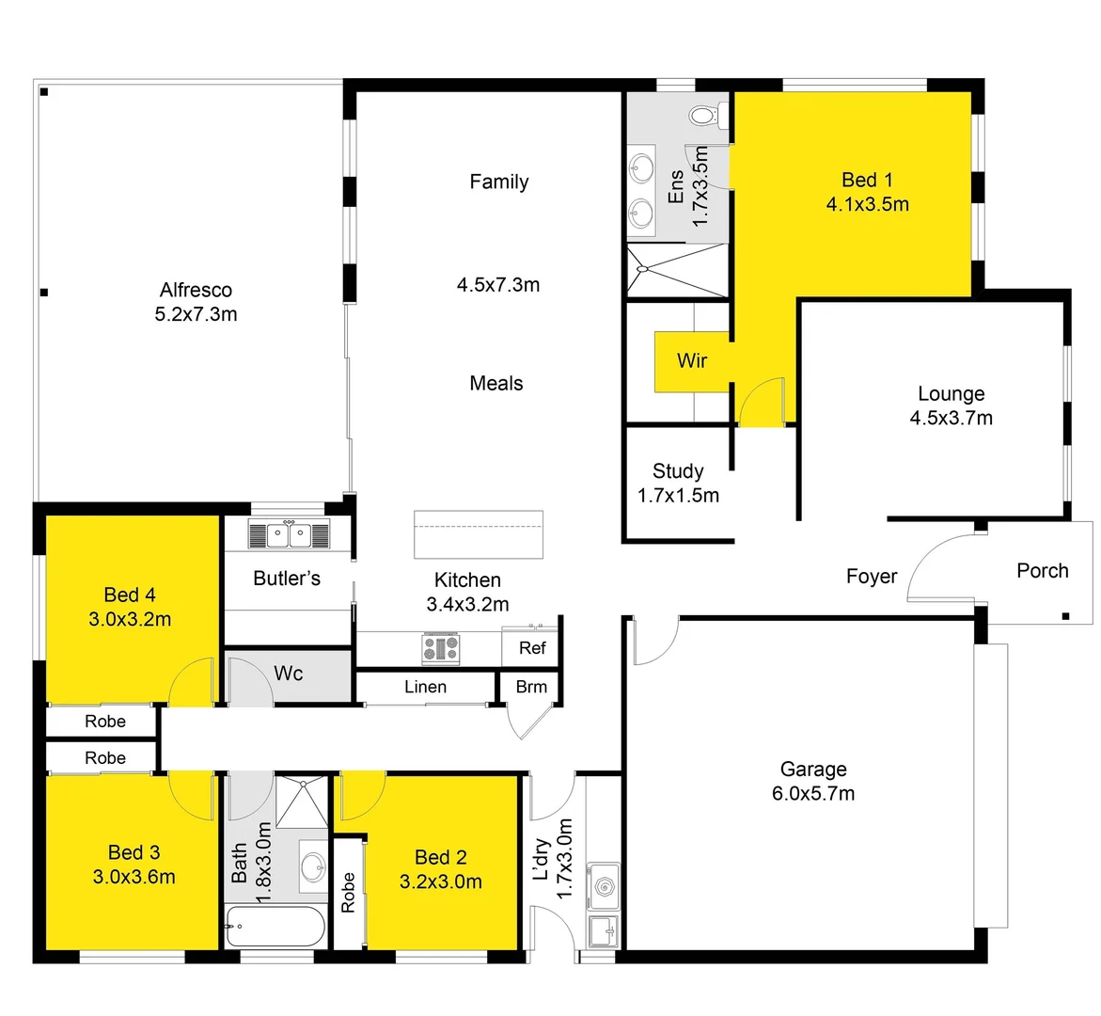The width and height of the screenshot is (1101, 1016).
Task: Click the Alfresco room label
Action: tap(196, 290)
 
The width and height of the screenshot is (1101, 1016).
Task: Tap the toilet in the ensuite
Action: tap(703, 117)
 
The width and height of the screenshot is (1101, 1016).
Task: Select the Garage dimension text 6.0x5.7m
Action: tap(813, 793)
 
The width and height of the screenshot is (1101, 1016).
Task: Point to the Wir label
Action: tap(692, 360)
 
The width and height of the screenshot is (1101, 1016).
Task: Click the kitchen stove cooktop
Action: tap(440, 647)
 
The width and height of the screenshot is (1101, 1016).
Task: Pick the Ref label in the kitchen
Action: tap(532, 647)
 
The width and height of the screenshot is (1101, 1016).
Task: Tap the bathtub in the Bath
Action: tap(276, 927)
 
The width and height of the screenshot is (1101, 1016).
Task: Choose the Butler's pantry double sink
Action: tap(289, 534)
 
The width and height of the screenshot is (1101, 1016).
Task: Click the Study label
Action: tap(678, 471)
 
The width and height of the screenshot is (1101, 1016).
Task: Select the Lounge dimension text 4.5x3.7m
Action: tap(951, 418)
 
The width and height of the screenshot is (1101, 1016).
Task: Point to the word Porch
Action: tap(1042, 570)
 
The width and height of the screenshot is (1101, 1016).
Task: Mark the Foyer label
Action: tap(872, 576)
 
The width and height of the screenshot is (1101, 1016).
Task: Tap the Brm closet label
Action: tap(531, 687)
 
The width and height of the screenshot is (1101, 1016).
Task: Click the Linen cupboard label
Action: tap(425, 687)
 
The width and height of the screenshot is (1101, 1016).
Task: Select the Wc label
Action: tap(289, 673)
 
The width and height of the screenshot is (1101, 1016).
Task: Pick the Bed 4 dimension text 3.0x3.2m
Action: tap(130, 619)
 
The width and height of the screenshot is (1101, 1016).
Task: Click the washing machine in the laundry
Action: tap(603, 885)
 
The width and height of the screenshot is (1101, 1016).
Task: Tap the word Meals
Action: tap(496, 383)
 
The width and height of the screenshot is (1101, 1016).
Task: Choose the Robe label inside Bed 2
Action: tap(348, 892)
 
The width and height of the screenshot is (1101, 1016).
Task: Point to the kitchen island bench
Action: tap(479, 533)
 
